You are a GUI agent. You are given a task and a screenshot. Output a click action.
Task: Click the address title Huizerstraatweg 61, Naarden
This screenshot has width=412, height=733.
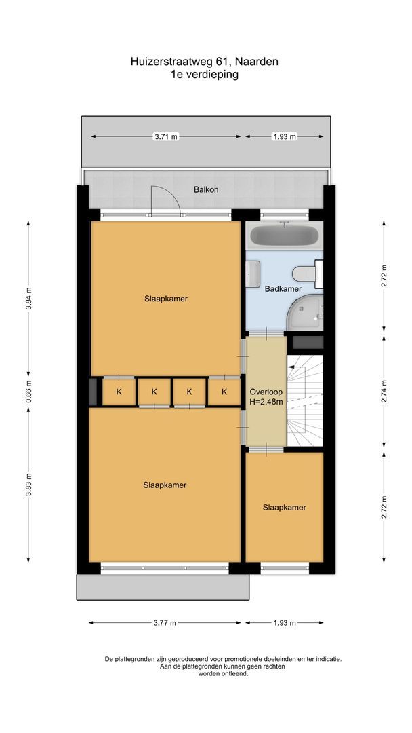pyautogui.click(x=205, y=61)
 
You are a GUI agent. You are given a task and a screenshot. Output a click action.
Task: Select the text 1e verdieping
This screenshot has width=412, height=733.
pyautogui.click(x=205, y=75)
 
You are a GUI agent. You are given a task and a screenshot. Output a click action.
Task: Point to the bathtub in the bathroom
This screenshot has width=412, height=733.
pyautogui.click(x=284, y=237)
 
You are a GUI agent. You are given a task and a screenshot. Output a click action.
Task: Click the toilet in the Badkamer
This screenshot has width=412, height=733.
pyautogui.click(x=304, y=274)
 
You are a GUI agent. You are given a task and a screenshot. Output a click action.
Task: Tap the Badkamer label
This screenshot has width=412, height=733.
pyautogui.click(x=283, y=288)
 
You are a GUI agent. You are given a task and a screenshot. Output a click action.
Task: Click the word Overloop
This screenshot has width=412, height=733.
pyautogui.click(x=266, y=392)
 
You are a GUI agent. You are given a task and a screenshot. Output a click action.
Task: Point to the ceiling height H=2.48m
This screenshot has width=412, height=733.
pyautogui.click(x=266, y=402)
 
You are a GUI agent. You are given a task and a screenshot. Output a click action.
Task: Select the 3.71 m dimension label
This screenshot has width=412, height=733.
pyautogui.click(x=166, y=136)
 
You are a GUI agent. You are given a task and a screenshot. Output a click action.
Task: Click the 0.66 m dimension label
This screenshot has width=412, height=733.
pyautogui.click(x=28, y=391)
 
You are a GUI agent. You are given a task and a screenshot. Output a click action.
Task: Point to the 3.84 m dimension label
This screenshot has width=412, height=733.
pyautogui.click(x=28, y=299)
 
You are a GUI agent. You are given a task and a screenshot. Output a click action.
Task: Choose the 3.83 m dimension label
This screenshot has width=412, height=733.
pyautogui.click(x=28, y=484)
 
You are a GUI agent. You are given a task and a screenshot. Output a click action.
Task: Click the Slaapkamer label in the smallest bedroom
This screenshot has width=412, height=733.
pyautogui.click(x=284, y=507)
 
